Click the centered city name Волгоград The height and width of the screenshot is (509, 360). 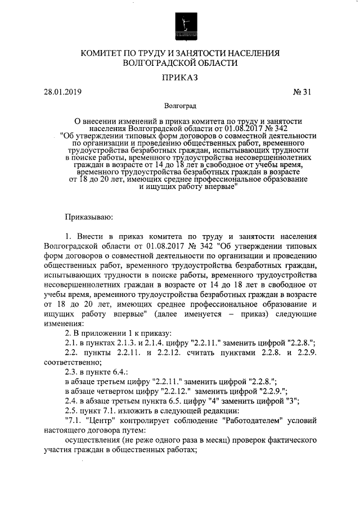pos(180,106)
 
